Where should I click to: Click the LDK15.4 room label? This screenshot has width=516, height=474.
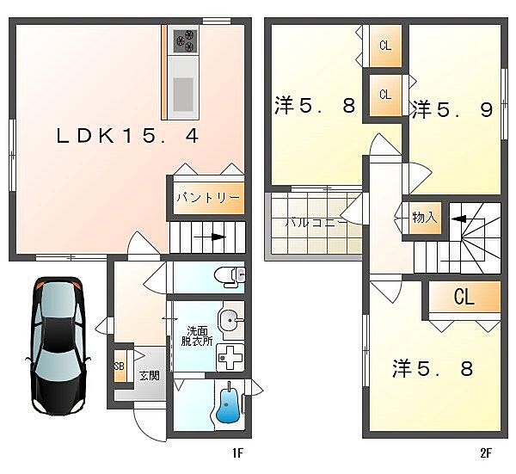click(127, 136)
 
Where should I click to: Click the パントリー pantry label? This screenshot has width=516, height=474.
click(208, 198)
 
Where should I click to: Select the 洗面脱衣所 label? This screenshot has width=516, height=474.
click(197, 335)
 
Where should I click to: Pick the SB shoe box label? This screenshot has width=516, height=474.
click(120, 366)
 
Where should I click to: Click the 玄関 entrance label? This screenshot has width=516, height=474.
click(150, 376)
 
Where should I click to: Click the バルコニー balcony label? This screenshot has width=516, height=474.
click(316, 223)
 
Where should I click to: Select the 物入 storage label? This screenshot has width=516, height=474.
click(425, 218)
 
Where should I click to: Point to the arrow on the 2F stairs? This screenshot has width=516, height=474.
click(458, 219)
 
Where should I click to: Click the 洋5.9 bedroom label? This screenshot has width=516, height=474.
click(453, 109)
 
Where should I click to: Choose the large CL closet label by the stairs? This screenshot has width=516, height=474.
click(464, 297)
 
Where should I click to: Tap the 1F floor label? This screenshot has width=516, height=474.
click(238, 453)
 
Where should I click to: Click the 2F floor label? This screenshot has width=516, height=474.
click(486, 453)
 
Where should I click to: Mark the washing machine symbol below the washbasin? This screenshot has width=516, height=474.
click(230, 358)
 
